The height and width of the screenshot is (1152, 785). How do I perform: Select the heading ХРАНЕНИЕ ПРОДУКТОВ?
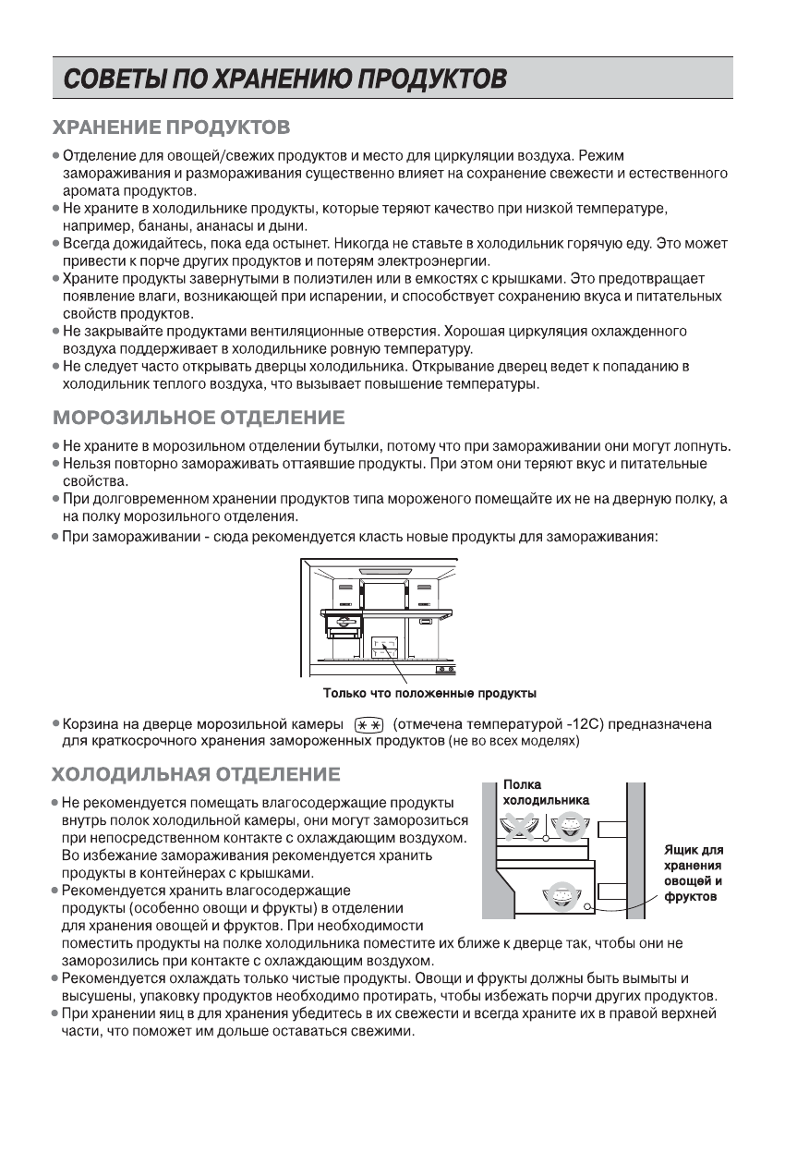(172, 125)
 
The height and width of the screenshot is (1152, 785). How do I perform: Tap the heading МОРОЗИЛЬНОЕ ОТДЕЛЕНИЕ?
(199, 418)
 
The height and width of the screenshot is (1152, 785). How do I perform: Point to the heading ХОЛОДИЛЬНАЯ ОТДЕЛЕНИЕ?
(196, 772)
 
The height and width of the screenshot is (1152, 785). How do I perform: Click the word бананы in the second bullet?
(164, 225)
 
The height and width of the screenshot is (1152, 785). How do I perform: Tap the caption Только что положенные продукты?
(429, 692)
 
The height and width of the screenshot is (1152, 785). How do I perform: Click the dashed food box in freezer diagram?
(385, 647)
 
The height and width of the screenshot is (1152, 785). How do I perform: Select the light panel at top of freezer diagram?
(385, 572)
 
